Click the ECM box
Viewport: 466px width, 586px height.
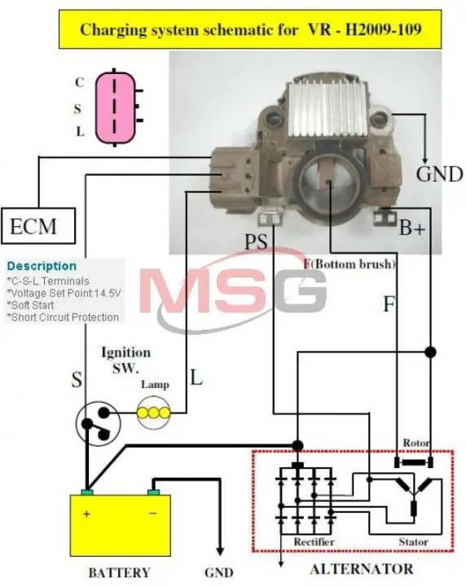(38, 225)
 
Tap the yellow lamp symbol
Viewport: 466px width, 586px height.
(154, 413)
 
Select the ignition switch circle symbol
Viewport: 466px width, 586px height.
(99, 423)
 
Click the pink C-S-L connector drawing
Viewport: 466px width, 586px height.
(115, 107)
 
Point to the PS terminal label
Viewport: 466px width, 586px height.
(256, 242)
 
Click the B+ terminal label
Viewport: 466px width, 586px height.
(412, 227)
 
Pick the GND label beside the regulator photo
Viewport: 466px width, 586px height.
(439, 174)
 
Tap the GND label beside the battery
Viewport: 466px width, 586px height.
(219, 572)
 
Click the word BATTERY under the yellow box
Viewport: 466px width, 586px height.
(119, 572)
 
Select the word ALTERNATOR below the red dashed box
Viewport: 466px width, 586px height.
(362, 569)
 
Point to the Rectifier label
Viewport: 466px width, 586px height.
(314, 541)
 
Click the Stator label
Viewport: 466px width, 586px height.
(413, 541)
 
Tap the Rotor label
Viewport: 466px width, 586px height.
(415, 443)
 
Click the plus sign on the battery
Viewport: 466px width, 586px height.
(86, 514)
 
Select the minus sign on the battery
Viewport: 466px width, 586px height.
(152, 514)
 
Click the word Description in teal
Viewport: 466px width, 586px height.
(42, 266)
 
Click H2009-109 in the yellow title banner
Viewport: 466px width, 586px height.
(383, 29)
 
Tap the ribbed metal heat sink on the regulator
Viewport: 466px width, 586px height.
(328, 109)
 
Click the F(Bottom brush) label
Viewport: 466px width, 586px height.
(349, 265)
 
